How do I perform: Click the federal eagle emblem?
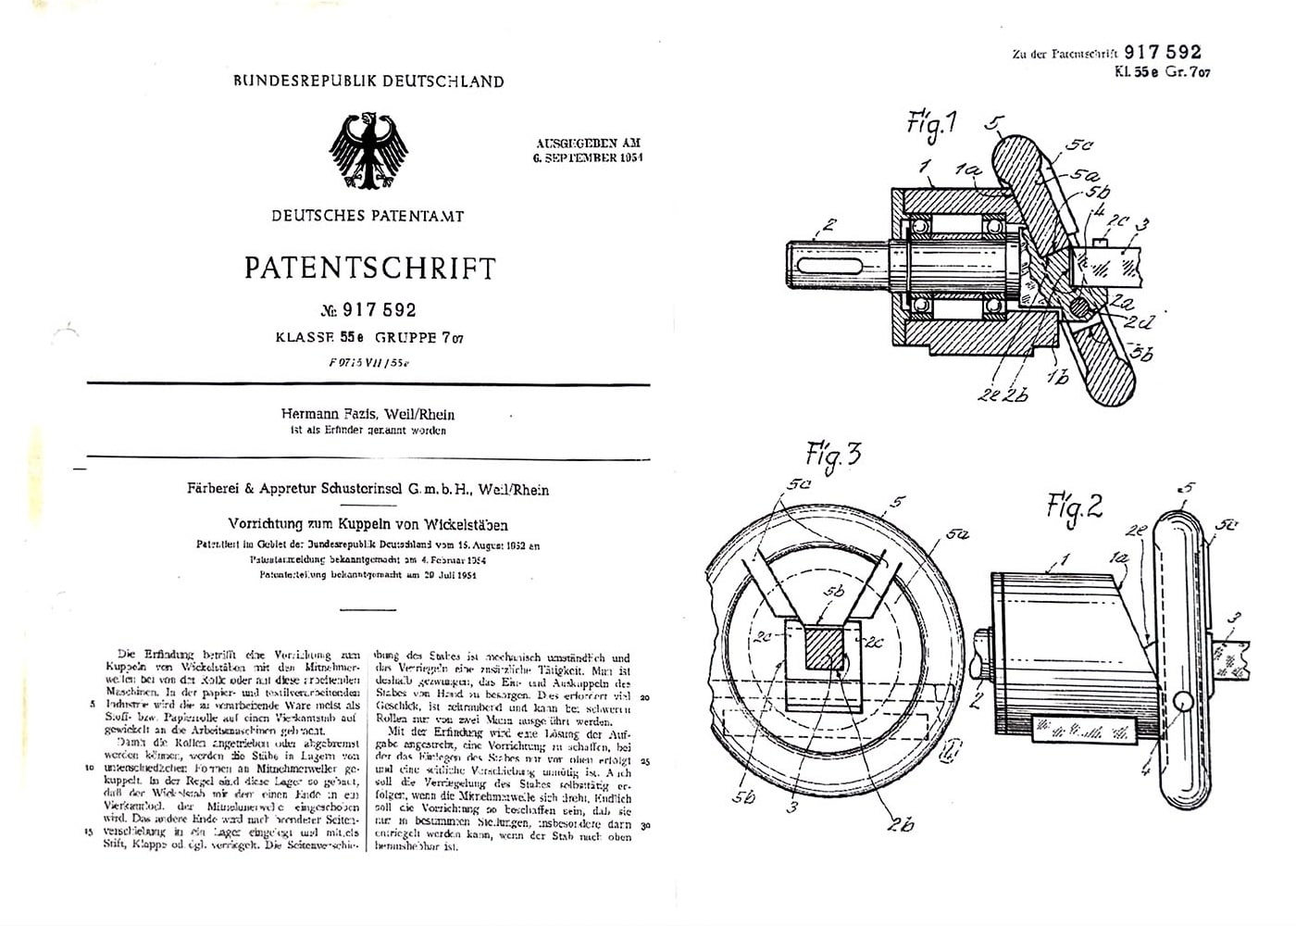[368, 153]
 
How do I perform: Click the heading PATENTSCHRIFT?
[369, 269]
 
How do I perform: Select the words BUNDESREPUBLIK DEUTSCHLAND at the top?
[368, 81]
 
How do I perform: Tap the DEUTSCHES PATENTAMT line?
[368, 216]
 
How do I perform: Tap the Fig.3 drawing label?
[833, 455]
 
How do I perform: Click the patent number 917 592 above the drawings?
[1162, 53]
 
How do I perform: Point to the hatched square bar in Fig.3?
[823, 647]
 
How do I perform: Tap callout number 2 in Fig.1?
[829, 225]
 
